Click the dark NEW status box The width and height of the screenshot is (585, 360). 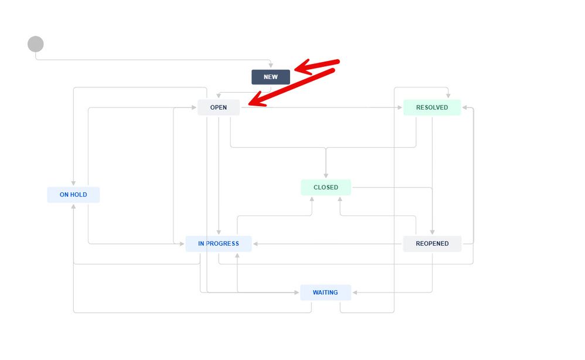tap(270, 77)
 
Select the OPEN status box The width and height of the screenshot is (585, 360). tap(219, 107)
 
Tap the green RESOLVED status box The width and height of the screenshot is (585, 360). tap(432, 107)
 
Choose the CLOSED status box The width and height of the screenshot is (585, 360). tap(326, 187)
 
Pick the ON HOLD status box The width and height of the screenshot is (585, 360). tap(73, 195)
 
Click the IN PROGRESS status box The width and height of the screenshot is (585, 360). tap(219, 243)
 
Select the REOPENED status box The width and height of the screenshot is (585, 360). tap(432, 243)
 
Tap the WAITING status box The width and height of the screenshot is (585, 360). tap(326, 293)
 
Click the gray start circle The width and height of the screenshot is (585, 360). tap(35, 44)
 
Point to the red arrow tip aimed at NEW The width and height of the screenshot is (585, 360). tap(295, 69)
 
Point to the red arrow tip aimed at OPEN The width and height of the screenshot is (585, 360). tap(249, 105)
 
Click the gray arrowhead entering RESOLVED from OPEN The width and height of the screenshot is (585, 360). tap(400, 107)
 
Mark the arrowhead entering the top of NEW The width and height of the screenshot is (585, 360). tap(271, 66)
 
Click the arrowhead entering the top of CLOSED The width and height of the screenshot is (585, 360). tap(326, 175)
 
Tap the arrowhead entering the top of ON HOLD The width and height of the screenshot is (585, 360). tap(73, 183)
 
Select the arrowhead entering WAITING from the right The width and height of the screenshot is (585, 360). tap(355, 293)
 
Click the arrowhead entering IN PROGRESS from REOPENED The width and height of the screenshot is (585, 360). tap(256, 244)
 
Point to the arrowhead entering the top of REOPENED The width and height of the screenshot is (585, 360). tap(433, 232)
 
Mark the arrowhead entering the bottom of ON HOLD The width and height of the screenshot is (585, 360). tap(73, 206)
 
